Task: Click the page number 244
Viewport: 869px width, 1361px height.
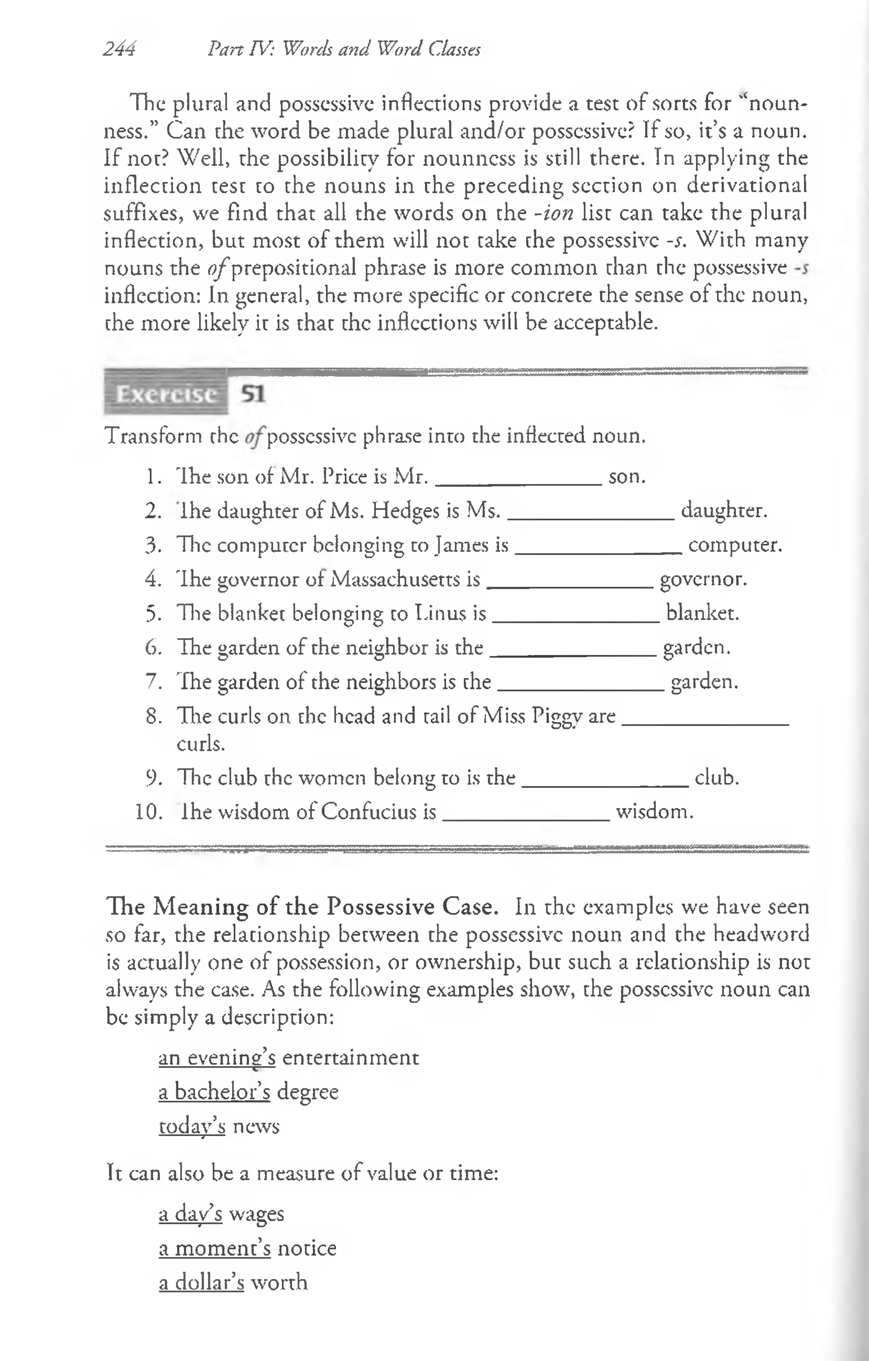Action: click(119, 50)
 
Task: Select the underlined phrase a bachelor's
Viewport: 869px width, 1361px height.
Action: click(214, 1092)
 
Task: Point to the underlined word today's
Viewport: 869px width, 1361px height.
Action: click(192, 1126)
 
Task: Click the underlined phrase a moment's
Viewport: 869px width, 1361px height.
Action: click(215, 1248)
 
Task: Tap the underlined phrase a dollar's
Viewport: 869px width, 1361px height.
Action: click(202, 1282)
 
